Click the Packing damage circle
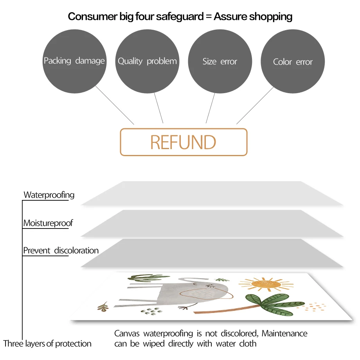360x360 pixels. tap(74, 61)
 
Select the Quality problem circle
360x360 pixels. tap(147, 61)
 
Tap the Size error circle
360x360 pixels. tap(220, 61)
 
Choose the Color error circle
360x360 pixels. tap(293, 61)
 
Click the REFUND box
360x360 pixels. tap(184, 142)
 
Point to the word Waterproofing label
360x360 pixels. tap(49, 195)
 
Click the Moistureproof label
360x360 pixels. tap(48, 223)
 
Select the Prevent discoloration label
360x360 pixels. tap(61, 250)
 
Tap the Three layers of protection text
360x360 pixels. tap(47, 344)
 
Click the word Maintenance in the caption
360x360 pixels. tap(284, 334)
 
